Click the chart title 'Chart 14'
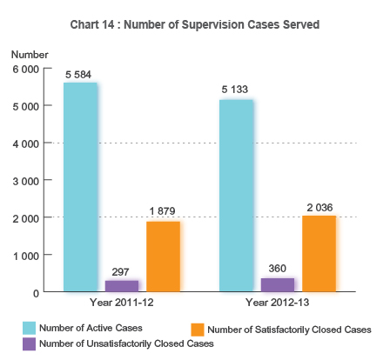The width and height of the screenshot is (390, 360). point(194,24)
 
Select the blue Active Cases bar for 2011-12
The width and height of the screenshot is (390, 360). point(79,187)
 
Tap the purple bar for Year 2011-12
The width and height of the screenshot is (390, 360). point(121,285)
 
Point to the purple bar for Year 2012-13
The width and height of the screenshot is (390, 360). point(278,284)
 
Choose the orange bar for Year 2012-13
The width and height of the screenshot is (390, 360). point(319,253)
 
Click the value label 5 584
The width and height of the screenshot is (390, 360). point(79,74)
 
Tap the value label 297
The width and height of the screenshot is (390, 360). point(121,271)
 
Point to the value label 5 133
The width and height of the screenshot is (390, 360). point(236,90)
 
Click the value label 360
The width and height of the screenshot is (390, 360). point(278,269)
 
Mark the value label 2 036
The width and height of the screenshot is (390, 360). point(319,207)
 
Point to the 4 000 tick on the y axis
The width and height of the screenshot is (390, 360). point(24,143)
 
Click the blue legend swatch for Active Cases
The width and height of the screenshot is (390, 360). point(30,327)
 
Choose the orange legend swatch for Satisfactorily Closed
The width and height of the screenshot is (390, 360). point(197,329)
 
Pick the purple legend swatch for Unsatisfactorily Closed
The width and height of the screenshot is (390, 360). point(30,343)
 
